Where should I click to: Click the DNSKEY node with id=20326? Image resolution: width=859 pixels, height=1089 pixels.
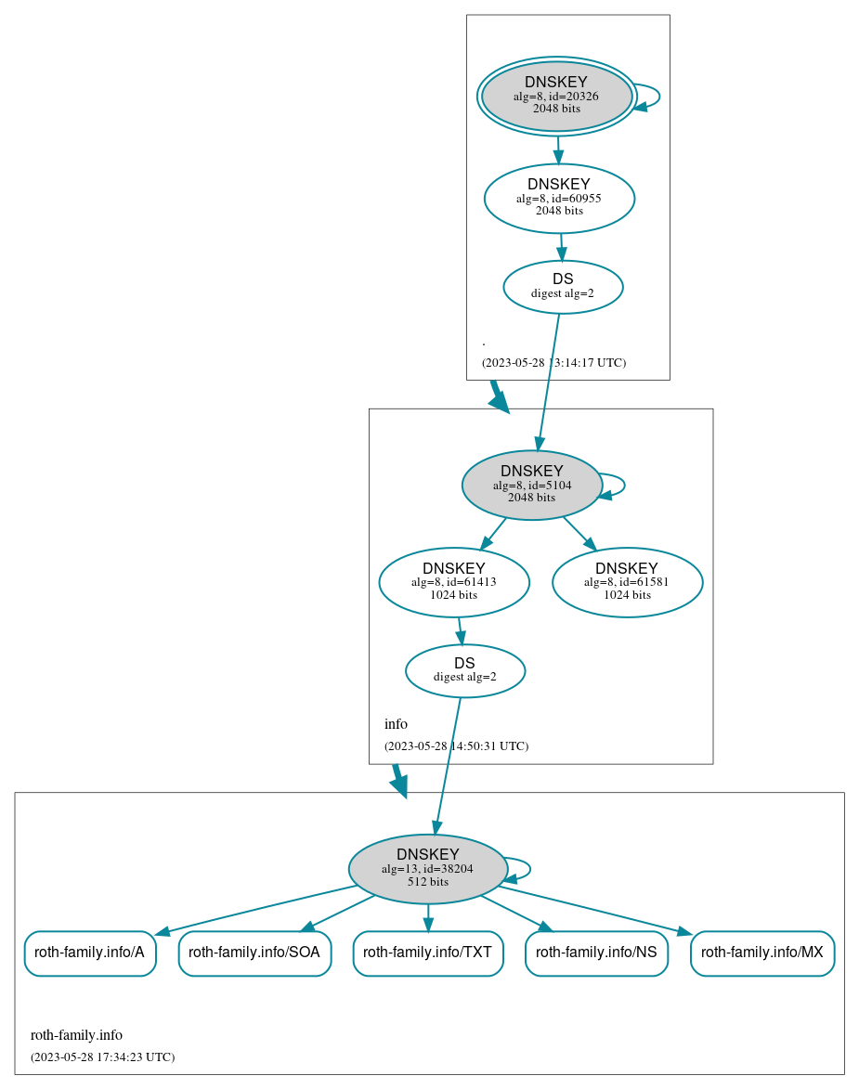tap(556, 96)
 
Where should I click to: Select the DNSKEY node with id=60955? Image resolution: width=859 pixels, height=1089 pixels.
tap(559, 198)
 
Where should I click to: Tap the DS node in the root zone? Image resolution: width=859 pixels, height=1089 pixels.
tap(563, 287)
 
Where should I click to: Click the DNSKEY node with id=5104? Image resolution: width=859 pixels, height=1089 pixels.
tap(531, 485)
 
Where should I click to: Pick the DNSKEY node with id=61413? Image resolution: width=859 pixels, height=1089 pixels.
tap(454, 582)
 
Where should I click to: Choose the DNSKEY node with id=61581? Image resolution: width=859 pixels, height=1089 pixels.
tap(627, 582)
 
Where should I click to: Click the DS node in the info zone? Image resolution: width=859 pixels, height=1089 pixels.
tap(465, 670)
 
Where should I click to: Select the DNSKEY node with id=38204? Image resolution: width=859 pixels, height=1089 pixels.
tap(427, 869)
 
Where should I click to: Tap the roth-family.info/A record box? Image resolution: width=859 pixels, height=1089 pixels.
tap(89, 953)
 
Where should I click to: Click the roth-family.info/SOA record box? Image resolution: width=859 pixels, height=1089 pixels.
tap(254, 953)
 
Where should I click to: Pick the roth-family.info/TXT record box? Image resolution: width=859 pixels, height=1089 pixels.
tap(428, 953)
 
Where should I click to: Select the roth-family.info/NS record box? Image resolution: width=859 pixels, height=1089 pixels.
tap(596, 953)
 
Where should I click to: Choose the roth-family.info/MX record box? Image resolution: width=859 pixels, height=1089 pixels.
tap(762, 953)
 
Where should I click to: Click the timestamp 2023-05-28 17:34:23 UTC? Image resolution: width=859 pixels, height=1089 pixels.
tap(102, 1057)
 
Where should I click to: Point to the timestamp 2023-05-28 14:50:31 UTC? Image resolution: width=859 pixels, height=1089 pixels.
tap(456, 745)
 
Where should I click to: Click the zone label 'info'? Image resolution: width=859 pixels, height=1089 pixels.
tap(396, 724)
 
